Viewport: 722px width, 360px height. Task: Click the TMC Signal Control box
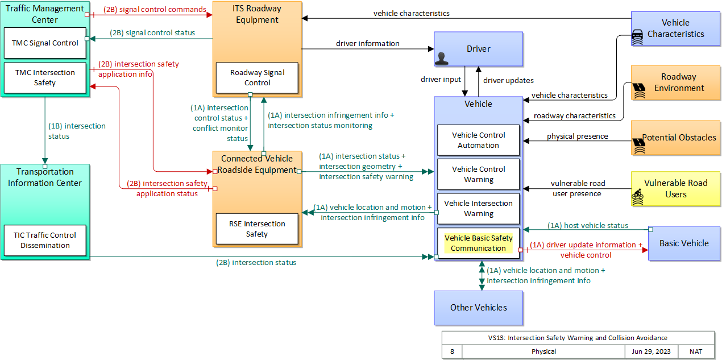(45, 43)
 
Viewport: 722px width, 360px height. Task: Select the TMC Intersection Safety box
(45, 78)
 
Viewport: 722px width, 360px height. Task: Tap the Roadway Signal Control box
(257, 78)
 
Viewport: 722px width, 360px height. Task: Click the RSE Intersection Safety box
(257, 229)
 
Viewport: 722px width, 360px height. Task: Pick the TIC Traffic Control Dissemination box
(45, 240)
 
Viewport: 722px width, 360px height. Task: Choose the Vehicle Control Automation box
(478, 140)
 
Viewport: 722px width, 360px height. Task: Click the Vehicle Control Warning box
(478, 174)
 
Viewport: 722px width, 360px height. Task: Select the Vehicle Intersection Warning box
(478, 208)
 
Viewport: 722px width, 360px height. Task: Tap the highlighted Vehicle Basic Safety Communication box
(478, 243)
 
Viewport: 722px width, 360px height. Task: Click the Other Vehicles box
(478, 307)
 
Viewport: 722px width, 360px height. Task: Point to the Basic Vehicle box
(684, 243)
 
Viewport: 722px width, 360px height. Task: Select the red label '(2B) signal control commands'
(155, 10)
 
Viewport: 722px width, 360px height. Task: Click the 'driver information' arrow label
(367, 43)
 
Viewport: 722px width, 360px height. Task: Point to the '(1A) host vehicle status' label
(588, 225)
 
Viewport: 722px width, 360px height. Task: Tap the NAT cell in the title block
(696, 351)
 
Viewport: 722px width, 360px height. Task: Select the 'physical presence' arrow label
(577, 136)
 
